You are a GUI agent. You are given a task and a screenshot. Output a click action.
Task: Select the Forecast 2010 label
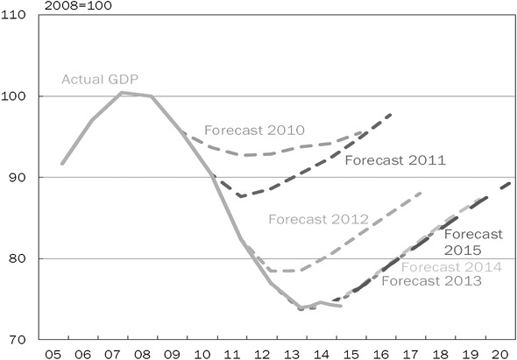(x=246, y=131)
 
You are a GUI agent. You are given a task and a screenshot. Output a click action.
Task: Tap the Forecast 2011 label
(x=396, y=160)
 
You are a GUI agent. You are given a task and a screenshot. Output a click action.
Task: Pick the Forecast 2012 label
(x=318, y=219)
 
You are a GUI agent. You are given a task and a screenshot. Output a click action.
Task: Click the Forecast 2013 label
(x=431, y=281)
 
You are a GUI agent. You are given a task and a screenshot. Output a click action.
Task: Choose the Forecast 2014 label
(x=452, y=267)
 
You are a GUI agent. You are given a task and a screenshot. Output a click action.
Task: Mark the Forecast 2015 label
(x=473, y=242)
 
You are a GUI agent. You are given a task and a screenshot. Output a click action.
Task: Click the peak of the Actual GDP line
(x=122, y=92)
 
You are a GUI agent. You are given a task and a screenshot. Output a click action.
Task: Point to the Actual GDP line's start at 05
(x=62, y=163)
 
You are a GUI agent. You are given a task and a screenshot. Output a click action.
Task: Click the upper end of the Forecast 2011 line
(x=392, y=114)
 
